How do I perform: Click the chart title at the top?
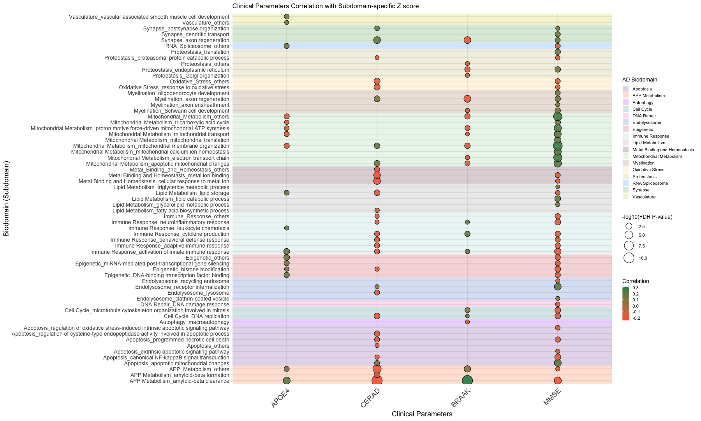point(325,6)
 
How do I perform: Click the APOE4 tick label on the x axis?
point(280,398)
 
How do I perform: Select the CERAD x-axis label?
point(370,398)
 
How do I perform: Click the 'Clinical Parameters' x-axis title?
point(422,414)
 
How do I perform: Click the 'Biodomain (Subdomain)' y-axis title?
point(6,199)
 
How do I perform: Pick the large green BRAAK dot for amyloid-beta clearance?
point(467,381)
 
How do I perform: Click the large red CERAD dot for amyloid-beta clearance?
point(377,381)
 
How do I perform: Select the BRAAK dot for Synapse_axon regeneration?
point(467,40)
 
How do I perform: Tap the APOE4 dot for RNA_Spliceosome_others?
point(287,46)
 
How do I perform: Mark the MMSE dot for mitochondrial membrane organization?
point(558,146)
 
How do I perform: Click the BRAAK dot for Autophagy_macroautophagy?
point(467,322)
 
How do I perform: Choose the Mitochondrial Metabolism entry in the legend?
point(657,156)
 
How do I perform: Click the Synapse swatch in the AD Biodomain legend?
point(625,190)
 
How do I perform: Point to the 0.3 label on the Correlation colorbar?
point(635,288)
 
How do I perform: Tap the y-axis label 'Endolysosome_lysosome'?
point(198,293)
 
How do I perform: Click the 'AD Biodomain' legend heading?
point(639,80)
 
